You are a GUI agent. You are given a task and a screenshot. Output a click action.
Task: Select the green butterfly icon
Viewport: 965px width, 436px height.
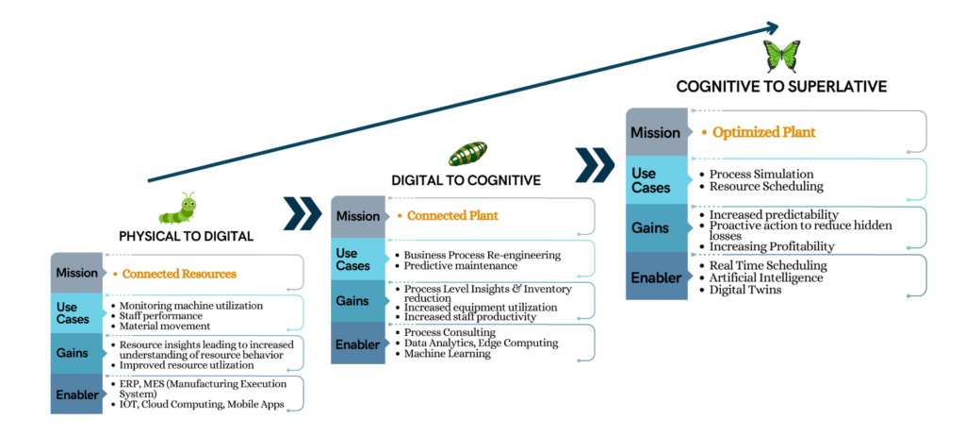pyautogui.click(x=781, y=57)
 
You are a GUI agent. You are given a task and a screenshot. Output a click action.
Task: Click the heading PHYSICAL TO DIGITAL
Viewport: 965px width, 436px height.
pyautogui.click(x=186, y=236)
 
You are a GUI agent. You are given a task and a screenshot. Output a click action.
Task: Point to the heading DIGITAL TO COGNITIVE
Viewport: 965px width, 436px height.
pyautogui.click(x=465, y=179)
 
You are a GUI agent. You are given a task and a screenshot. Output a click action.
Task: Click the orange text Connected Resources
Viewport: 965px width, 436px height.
pyautogui.click(x=179, y=274)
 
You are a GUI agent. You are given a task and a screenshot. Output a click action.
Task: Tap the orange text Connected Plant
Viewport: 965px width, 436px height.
pyautogui.click(x=452, y=216)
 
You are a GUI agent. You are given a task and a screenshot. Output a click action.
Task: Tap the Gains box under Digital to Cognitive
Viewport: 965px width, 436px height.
pyautogui.click(x=357, y=301)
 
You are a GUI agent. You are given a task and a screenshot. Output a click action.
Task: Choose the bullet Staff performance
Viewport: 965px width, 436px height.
pyautogui.click(x=161, y=316)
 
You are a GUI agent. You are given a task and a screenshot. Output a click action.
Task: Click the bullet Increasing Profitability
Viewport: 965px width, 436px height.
pyautogui.click(x=775, y=246)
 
